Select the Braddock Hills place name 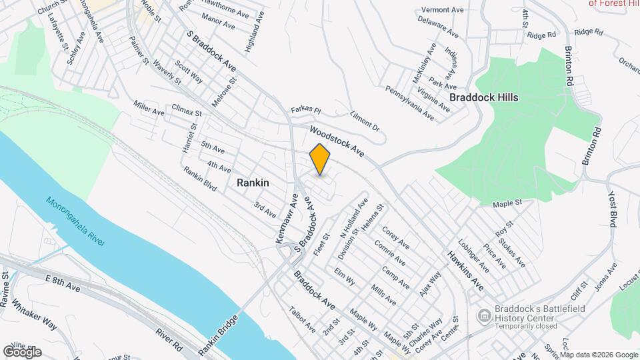tap(483, 97)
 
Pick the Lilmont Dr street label tap(364, 120)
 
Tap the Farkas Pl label tap(306, 109)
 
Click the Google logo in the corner tap(22, 351)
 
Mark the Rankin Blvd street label tap(200, 179)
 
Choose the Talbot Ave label tap(302, 319)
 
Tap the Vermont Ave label tap(441, 11)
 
